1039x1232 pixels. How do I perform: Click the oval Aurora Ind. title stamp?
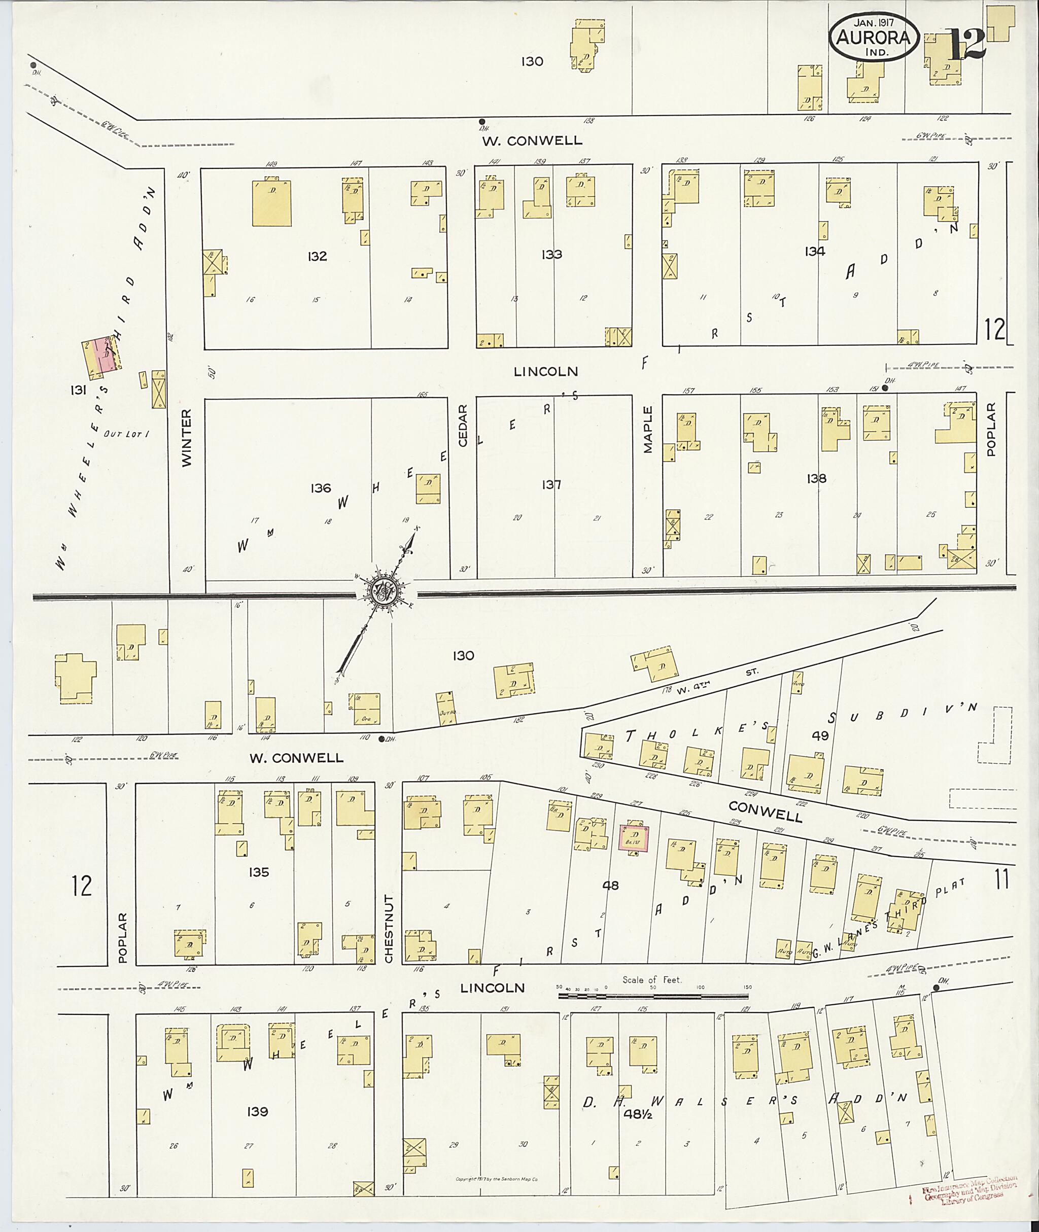point(874,37)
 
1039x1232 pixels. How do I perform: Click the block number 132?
point(317,256)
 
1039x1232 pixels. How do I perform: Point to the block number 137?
point(551,485)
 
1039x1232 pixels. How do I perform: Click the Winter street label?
point(187,438)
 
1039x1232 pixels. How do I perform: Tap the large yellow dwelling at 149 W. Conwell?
point(271,203)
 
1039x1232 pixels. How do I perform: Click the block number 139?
point(258,1111)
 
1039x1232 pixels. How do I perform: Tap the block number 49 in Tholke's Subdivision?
point(820,735)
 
